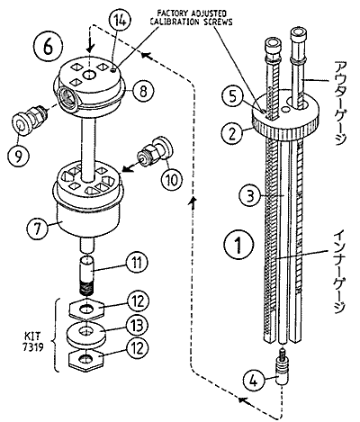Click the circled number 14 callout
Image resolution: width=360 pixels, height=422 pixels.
pyautogui.click(x=116, y=21)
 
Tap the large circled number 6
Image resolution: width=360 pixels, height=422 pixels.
pyautogui.click(x=49, y=47)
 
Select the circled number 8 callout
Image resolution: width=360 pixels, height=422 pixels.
pyautogui.click(x=143, y=91)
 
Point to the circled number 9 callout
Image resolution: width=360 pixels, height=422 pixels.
pyautogui.click(x=19, y=156)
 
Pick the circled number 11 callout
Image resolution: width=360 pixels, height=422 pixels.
pyautogui.click(x=137, y=263)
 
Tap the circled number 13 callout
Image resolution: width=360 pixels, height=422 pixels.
pyautogui.click(x=137, y=326)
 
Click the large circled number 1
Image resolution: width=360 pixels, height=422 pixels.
pyautogui.click(x=238, y=244)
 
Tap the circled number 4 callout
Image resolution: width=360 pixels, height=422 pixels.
pyautogui.click(x=254, y=382)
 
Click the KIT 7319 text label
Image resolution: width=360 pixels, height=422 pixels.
pyautogui.click(x=33, y=341)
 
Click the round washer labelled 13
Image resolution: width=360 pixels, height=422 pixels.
pyautogui.click(x=85, y=334)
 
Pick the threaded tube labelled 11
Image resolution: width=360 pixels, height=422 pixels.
pyautogui.click(x=87, y=275)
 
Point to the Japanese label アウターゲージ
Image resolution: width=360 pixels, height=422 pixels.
pyautogui.click(x=340, y=103)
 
